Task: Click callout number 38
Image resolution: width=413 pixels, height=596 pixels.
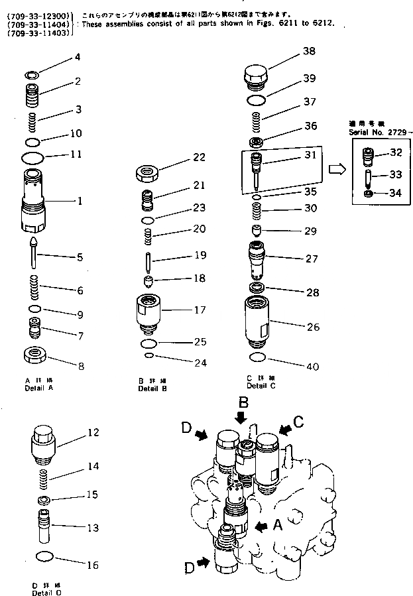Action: pos(309,51)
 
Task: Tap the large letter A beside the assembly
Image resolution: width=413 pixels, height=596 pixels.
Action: pos(278,524)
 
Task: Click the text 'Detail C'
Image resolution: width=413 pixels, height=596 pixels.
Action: pos(257,386)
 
